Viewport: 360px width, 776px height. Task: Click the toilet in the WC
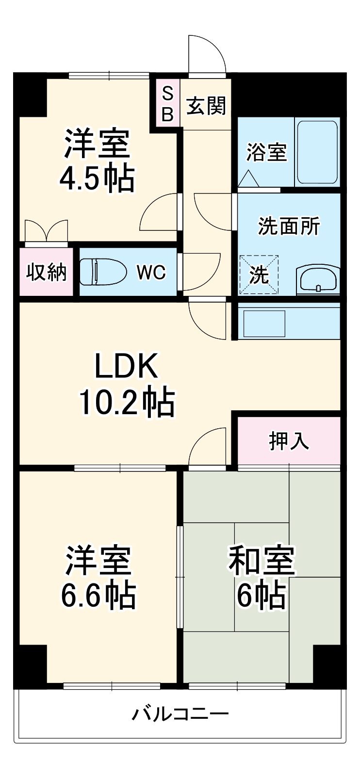[x=102, y=272]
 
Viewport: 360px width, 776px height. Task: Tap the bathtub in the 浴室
[x=317, y=152]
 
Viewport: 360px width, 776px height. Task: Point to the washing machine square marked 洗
[x=259, y=275]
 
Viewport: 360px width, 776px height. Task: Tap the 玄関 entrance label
[x=206, y=106]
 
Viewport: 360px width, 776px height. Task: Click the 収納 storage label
[x=46, y=272]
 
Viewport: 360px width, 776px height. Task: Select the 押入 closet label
[x=289, y=440]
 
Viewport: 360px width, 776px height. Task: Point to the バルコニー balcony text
[x=180, y=713]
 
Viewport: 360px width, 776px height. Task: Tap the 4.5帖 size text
[x=97, y=179]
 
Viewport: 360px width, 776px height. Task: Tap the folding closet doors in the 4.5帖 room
[x=46, y=230]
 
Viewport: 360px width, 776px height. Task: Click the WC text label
[x=151, y=272]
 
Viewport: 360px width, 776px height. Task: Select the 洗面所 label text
[x=289, y=226]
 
